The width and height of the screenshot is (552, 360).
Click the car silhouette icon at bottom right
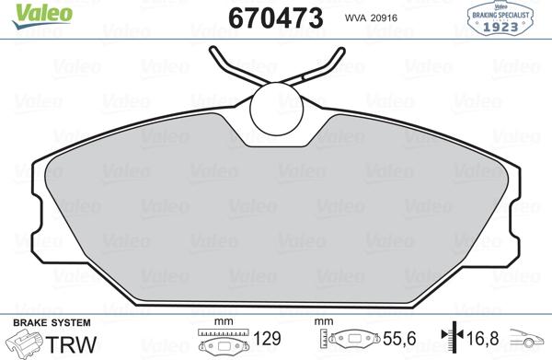tap(531, 343)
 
